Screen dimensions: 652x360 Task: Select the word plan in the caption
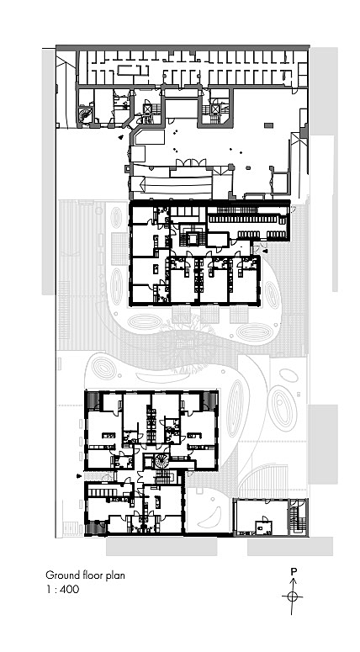[117, 575]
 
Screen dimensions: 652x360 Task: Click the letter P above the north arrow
[294, 571]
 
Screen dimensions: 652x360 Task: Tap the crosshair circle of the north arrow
[293, 596]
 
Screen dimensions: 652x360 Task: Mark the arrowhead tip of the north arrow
[293, 580]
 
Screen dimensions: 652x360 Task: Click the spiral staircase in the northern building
[87, 114]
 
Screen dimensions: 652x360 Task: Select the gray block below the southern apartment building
[161, 547]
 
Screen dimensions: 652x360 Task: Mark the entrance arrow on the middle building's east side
[264, 251]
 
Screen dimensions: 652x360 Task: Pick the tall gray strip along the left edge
[49, 168]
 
